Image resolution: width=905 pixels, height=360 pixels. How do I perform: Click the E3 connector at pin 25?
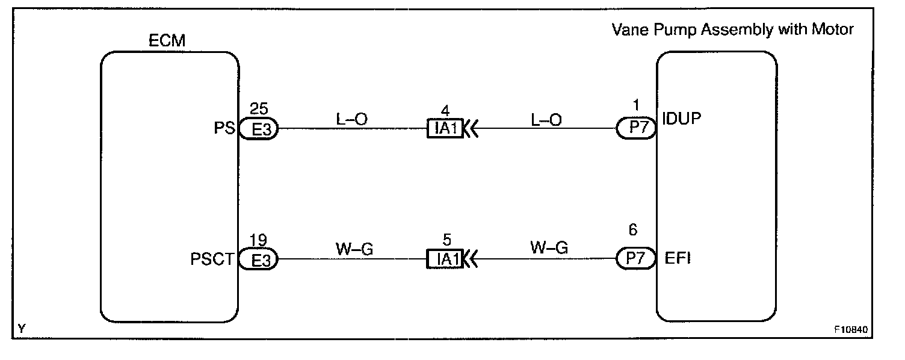pos(259,129)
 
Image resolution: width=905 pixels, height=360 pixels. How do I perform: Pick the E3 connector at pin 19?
pos(259,260)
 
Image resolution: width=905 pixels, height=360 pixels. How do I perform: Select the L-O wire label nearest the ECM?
pos(352,119)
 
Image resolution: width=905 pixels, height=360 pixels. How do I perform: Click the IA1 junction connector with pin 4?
pos(445,129)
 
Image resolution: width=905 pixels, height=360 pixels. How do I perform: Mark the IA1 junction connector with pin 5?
pos(445,259)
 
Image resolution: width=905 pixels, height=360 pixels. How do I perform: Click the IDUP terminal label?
pos(682,118)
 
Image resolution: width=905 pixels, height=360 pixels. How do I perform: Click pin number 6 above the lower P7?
pos(632,229)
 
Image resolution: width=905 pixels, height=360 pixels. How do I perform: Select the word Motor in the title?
pos(832,29)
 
